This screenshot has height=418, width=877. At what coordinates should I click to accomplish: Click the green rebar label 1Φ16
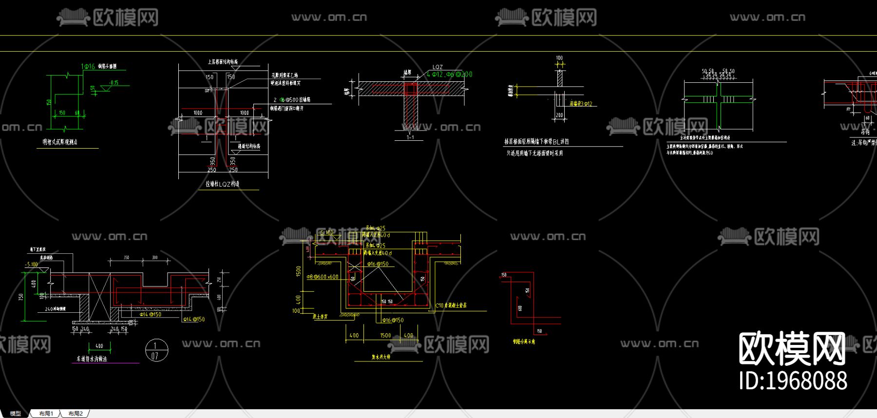click(88, 66)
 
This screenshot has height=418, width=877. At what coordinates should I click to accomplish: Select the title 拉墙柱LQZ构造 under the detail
click(222, 184)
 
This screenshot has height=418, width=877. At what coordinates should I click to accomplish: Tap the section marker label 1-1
click(411, 137)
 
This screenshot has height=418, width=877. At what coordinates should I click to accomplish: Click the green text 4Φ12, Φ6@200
click(449, 75)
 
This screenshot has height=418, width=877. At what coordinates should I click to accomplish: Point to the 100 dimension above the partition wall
click(559, 58)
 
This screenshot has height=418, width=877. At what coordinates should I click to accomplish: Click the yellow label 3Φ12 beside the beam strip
click(581, 104)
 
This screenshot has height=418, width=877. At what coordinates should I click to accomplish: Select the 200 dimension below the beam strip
click(559, 115)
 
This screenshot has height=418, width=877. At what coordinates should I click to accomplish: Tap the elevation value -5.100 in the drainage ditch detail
click(31, 265)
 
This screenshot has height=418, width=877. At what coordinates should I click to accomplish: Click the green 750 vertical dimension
click(21, 296)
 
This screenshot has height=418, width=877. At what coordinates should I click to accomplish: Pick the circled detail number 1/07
click(156, 350)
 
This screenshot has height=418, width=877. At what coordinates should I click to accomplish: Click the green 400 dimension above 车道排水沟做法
click(99, 346)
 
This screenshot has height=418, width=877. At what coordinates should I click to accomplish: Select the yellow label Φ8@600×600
click(323, 277)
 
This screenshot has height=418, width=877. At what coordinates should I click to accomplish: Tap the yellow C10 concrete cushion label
click(451, 305)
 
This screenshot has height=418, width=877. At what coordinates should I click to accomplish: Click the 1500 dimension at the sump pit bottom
click(385, 336)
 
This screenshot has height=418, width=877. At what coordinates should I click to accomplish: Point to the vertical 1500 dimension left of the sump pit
click(298, 271)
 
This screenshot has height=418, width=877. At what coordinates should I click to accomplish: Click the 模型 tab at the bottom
click(16, 414)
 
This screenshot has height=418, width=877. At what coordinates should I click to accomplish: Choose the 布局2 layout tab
click(76, 414)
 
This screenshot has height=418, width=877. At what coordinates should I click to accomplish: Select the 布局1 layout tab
click(46, 414)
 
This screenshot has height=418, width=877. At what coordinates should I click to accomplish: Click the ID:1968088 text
click(793, 381)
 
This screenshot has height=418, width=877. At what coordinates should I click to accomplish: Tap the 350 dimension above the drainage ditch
click(126, 257)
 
